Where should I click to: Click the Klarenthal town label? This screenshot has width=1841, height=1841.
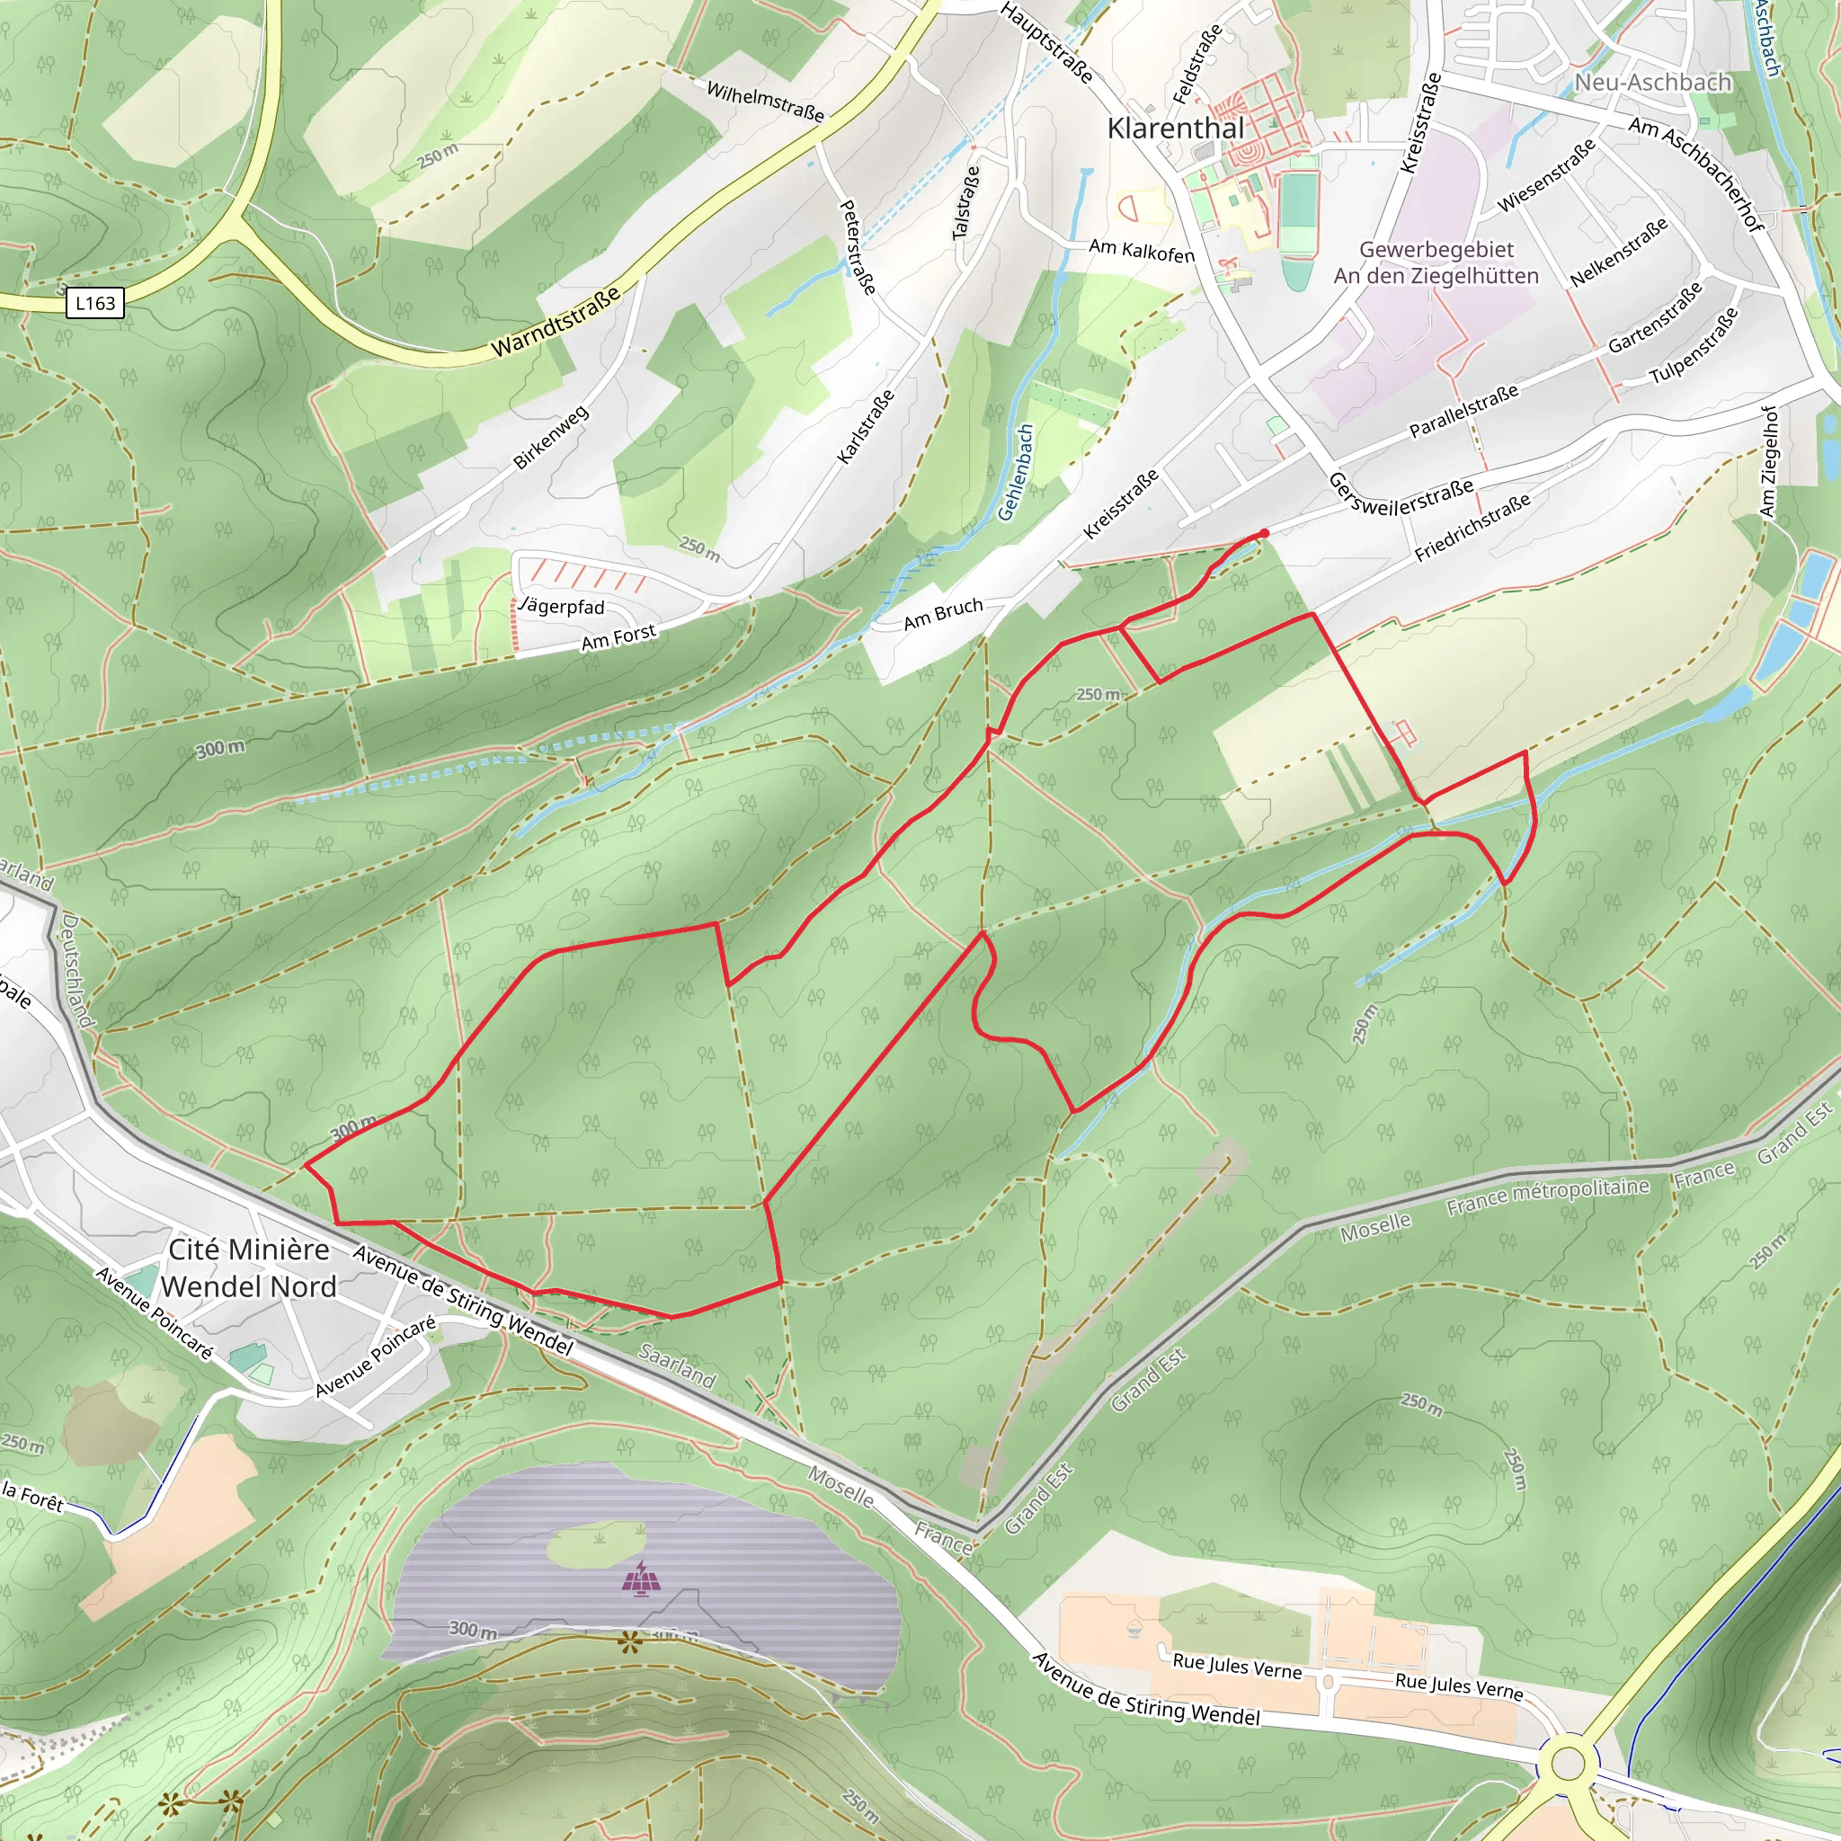tap(1175, 129)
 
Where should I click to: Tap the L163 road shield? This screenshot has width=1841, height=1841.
tap(95, 303)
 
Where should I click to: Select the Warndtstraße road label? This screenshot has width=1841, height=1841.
tap(556, 322)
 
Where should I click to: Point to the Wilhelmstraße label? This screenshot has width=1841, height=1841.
tap(765, 101)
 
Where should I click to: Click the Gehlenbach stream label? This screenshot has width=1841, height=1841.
tap(1016, 473)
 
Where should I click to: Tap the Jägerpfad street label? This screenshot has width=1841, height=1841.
tap(562, 606)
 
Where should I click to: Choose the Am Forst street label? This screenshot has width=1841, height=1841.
tap(619, 636)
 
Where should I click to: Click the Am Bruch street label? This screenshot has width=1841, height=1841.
tap(942, 615)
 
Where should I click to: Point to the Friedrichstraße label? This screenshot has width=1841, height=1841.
tap(1472, 528)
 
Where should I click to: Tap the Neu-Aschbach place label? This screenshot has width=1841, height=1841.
tap(1652, 83)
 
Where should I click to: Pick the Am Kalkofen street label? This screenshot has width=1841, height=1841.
tap(1141, 250)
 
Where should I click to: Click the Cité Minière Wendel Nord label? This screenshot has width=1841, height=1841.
tap(249, 1267)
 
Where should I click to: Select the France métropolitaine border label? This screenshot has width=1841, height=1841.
tap(1548, 1196)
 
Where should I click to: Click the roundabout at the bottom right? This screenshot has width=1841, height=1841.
tap(1568, 1763)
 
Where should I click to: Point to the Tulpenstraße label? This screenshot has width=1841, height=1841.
tap(1694, 346)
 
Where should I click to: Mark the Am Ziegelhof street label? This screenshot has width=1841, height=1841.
tap(1768, 462)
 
